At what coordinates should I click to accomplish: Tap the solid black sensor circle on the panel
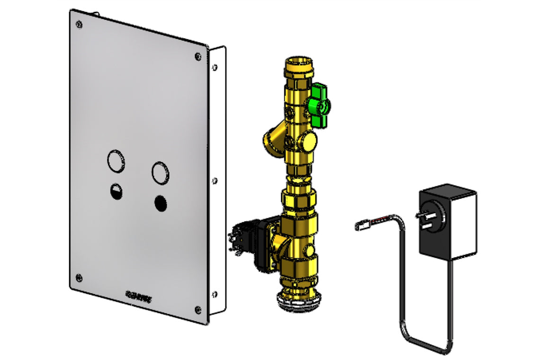(x=161, y=203)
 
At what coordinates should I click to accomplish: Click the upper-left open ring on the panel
(x=116, y=161)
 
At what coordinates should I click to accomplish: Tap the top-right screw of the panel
(x=198, y=57)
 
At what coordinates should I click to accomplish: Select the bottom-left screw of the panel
(x=79, y=277)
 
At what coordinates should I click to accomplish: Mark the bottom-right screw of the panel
(x=197, y=310)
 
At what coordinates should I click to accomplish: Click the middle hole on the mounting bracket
(x=215, y=180)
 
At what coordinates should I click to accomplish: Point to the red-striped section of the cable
(x=381, y=220)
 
